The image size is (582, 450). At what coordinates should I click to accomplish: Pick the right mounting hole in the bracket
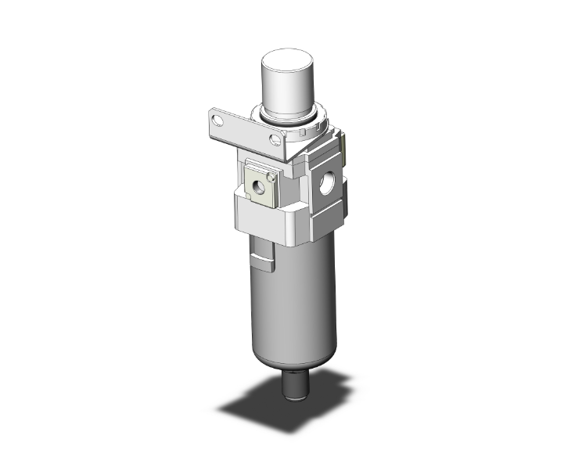point(274,141)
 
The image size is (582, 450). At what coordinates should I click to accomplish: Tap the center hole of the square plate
point(257,187)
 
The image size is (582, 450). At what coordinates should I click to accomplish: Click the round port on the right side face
point(328,186)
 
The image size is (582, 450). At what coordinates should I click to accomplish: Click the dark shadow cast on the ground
point(258,407)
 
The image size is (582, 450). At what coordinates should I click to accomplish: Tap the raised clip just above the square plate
point(257,162)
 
